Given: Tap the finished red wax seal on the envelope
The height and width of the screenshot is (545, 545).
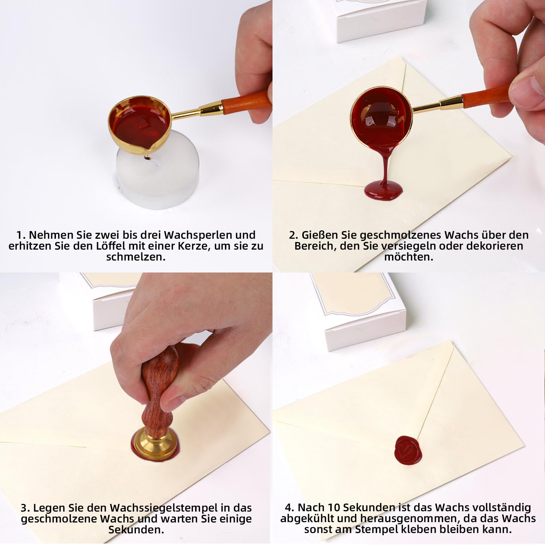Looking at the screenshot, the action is pyautogui.click(x=408, y=451).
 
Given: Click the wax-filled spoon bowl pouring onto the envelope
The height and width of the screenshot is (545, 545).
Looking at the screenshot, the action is pyautogui.click(x=381, y=117).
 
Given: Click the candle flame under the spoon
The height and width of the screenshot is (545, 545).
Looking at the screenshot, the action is pyautogui.click(x=147, y=158).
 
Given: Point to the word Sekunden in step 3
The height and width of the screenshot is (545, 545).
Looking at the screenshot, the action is pyautogui.click(x=136, y=530).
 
